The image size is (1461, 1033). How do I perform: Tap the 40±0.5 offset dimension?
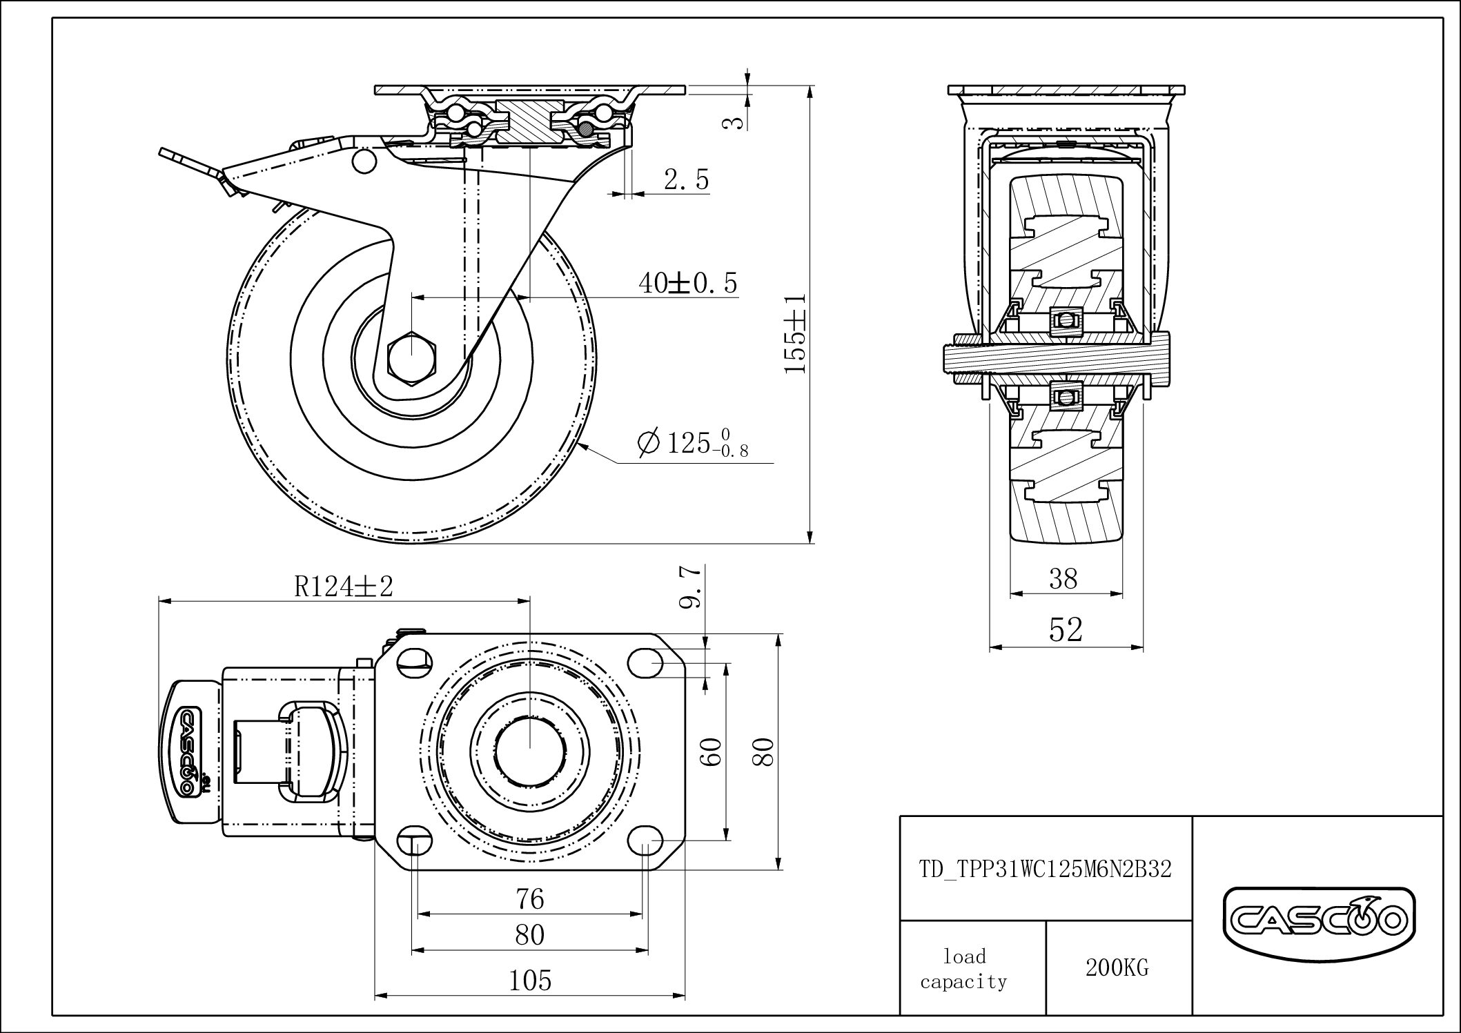(x=687, y=283)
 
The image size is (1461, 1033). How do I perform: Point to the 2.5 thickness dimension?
(x=686, y=180)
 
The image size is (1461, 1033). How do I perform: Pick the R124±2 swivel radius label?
(x=344, y=587)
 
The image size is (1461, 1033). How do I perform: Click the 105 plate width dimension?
(x=530, y=980)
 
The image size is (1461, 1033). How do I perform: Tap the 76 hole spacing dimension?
(x=530, y=899)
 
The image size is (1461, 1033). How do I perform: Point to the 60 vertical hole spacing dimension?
(x=712, y=751)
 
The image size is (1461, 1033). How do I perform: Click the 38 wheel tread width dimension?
(x=1063, y=579)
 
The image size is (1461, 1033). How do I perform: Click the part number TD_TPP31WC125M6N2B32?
(x=1046, y=869)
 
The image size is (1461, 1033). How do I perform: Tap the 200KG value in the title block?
(x=1117, y=968)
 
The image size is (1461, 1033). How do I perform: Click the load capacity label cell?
(x=964, y=969)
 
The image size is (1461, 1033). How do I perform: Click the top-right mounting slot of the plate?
(x=647, y=662)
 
